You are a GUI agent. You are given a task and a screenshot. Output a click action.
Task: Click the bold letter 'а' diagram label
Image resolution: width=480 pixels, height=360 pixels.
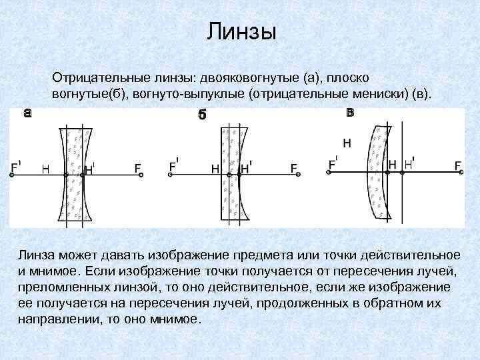pos(27,113)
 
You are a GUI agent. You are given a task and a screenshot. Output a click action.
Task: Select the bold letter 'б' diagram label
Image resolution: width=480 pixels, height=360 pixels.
pos(202,115)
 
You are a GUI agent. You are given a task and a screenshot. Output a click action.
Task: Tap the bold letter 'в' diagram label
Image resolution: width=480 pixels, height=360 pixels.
pos(350,112)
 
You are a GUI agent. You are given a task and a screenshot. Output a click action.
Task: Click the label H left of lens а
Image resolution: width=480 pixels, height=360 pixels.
pos(45,169)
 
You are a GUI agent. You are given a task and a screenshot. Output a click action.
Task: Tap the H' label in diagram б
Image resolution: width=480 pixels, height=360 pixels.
pos(245,169)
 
